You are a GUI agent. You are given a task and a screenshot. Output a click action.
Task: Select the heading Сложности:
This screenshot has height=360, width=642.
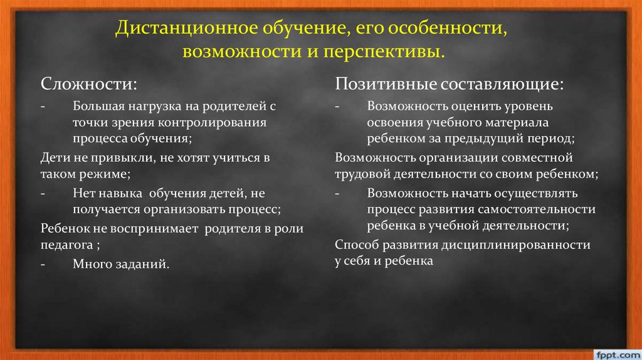[90, 84]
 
